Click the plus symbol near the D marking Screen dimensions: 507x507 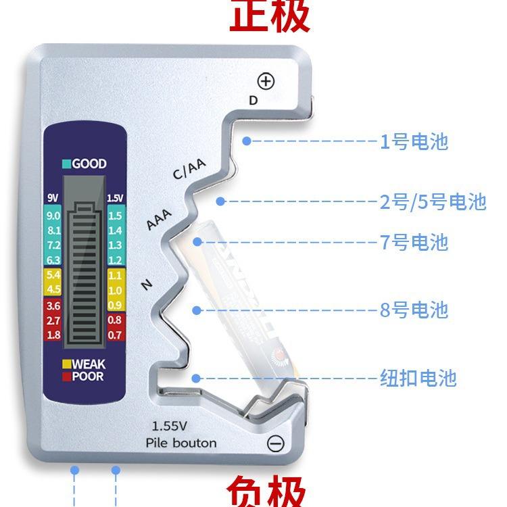click(x=267, y=82)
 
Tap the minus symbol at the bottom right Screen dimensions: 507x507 click(x=276, y=443)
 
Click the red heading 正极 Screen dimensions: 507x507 click(x=270, y=16)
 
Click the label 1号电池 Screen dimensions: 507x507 click(x=414, y=142)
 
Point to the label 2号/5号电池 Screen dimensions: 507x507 click(x=433, y=202)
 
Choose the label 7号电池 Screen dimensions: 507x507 click(x=414, y=242)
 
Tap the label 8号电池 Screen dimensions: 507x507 click(x=414, y=310)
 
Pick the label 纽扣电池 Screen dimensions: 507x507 click(x=418, y=378)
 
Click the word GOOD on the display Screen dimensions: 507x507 click(x=89, y=164)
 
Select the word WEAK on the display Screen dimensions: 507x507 click(x=88, y=364)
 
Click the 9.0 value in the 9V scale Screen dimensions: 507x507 click(x=53, y=216)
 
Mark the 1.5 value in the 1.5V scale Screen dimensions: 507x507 click(x=115, y=216)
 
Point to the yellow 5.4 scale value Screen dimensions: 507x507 click(x=53, y=275)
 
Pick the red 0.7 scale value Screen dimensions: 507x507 click(x=115, y=335)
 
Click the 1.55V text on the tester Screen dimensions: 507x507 click(x=170, y=427)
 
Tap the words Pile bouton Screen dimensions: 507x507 click(x=181, y=443)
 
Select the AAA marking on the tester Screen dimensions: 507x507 click(x=160, y=219)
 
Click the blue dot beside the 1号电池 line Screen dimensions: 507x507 click(x=247, y=141)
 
